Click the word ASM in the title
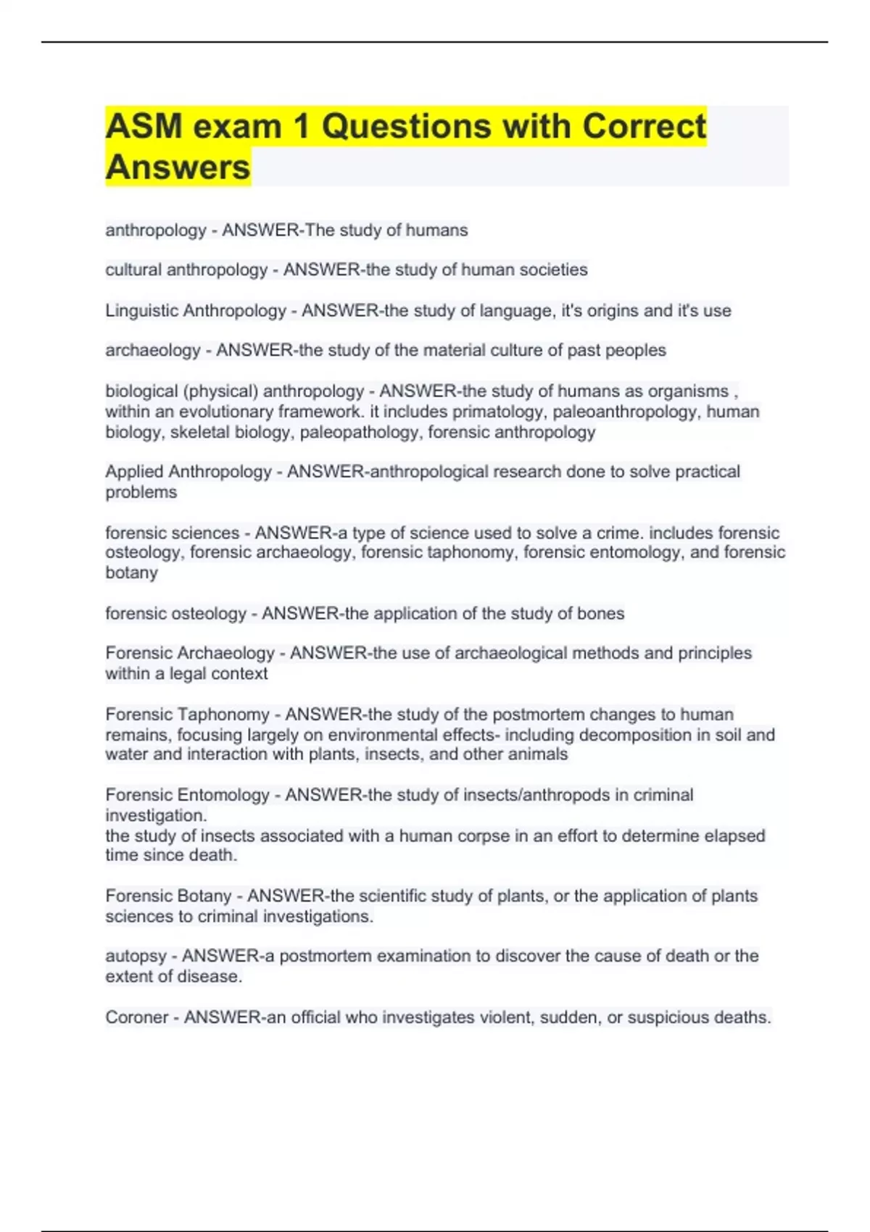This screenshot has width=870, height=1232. coord(144,126)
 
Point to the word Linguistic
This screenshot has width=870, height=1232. coord(141,311)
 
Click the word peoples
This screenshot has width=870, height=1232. coord(636,350)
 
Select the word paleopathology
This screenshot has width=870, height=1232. coord(360,433)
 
